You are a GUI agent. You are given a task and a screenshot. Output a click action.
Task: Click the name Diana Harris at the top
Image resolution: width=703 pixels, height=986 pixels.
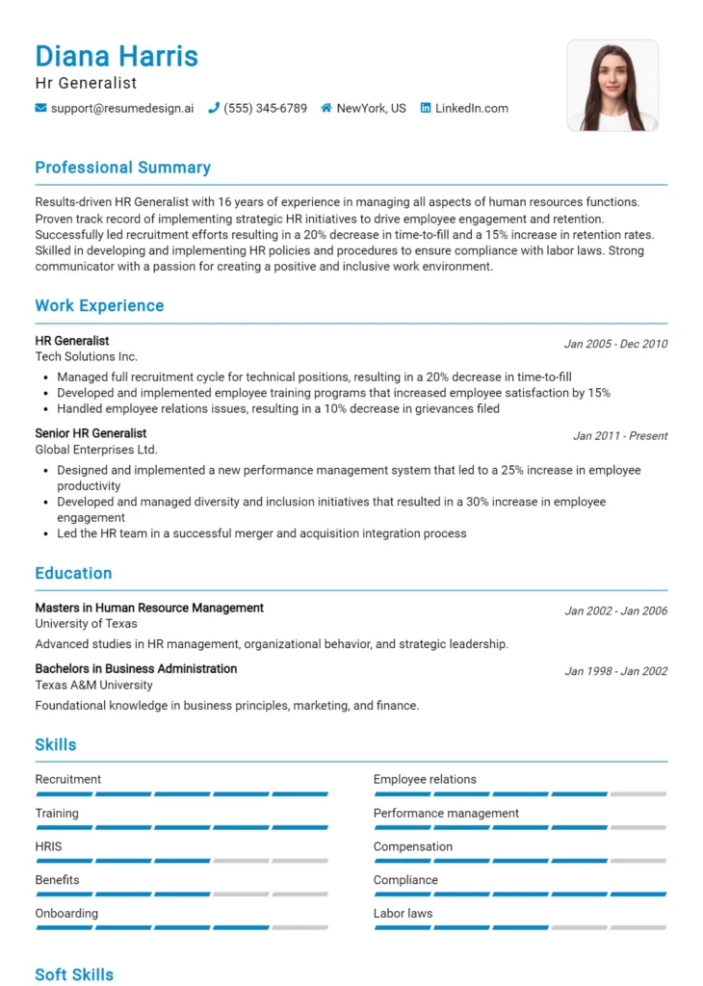click(x=117, y=56)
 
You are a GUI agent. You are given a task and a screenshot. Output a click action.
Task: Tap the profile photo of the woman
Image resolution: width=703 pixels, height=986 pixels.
click(x=612, y=86)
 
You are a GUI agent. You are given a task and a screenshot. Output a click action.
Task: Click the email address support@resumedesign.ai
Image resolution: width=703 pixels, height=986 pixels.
click(x=121, y=109)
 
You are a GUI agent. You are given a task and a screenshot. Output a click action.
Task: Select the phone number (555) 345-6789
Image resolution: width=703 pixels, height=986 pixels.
click(x=265, y=109)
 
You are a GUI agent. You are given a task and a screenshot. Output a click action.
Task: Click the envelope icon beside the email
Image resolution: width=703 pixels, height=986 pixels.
click(x=40, y=109)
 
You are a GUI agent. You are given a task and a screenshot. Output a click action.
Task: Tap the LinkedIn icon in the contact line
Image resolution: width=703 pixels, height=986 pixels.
click(x=426, y=109)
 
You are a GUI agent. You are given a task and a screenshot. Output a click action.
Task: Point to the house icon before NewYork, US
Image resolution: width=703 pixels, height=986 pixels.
click(x=326, y=109)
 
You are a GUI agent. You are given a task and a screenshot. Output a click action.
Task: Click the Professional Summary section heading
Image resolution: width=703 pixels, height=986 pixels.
click(x=122, y=168)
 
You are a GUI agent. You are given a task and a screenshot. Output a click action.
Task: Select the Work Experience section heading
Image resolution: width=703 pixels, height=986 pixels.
click(x=99, y=306)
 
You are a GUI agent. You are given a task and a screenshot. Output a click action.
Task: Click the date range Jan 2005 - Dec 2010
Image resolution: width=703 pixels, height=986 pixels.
click(x=615, y=344)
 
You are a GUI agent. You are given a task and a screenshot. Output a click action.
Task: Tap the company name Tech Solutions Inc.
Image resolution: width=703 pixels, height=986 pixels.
click(x=86, y=356)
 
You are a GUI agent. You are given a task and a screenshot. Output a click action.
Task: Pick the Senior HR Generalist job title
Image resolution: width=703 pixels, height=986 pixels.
click(x=91, y=433)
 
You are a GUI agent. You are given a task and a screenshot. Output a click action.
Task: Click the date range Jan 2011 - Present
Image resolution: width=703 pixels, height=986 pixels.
click(x=620, y=436)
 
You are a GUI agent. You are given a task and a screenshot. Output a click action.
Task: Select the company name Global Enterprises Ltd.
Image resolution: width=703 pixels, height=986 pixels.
click(x=96, y=450)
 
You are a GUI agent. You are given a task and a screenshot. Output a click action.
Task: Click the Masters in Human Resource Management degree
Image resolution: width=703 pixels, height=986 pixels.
click(x=149, y=608)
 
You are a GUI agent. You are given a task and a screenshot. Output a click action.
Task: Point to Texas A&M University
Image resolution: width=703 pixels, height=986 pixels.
click(x=93, y=685)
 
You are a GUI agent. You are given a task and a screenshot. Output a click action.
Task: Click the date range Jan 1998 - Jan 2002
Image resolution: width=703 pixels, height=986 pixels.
click(x=615, y=671)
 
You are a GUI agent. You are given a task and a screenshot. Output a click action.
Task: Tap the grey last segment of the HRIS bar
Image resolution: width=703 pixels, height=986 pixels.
click(x=299, y=861)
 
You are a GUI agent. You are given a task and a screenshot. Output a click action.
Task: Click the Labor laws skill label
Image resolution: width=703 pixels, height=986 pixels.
click(x=403, y=913)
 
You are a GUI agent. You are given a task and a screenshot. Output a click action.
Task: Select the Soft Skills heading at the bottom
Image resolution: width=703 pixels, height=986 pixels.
click(x=74, y=974)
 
